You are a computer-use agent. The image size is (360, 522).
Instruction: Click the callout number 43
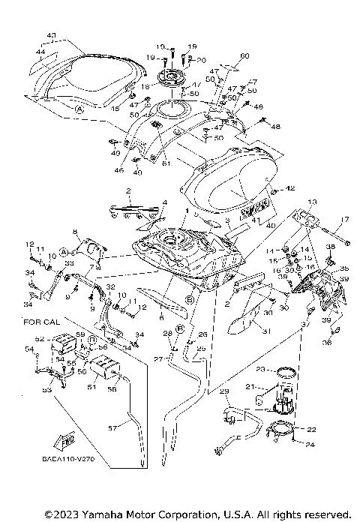(51, 35)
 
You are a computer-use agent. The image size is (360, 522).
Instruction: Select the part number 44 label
(40, 50)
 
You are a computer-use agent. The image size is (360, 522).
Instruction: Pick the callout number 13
(312, 202)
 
